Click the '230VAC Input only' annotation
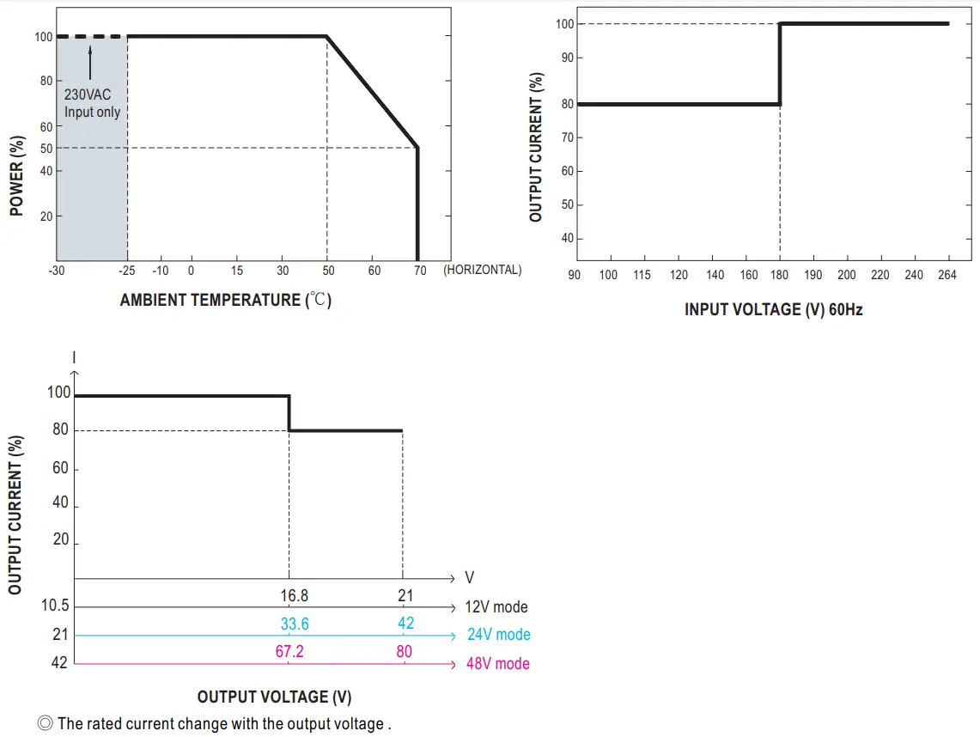coord(92,104)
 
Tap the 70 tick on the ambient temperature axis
coord(420,271)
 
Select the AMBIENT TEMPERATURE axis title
coord(225,300)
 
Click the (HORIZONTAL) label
coord(482,270)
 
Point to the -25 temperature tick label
coord(127,271)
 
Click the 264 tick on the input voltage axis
coord(947,275)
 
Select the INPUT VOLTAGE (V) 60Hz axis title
coord(773,309)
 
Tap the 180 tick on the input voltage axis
coord(780,275)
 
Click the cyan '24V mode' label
coord(498,635)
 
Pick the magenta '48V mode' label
coord(497,663)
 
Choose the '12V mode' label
coord(496,606)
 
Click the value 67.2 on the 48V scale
coord(289,652)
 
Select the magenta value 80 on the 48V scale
coord(404,652)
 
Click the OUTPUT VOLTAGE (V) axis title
coord(274,697)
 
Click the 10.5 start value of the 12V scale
coord(55,606)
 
